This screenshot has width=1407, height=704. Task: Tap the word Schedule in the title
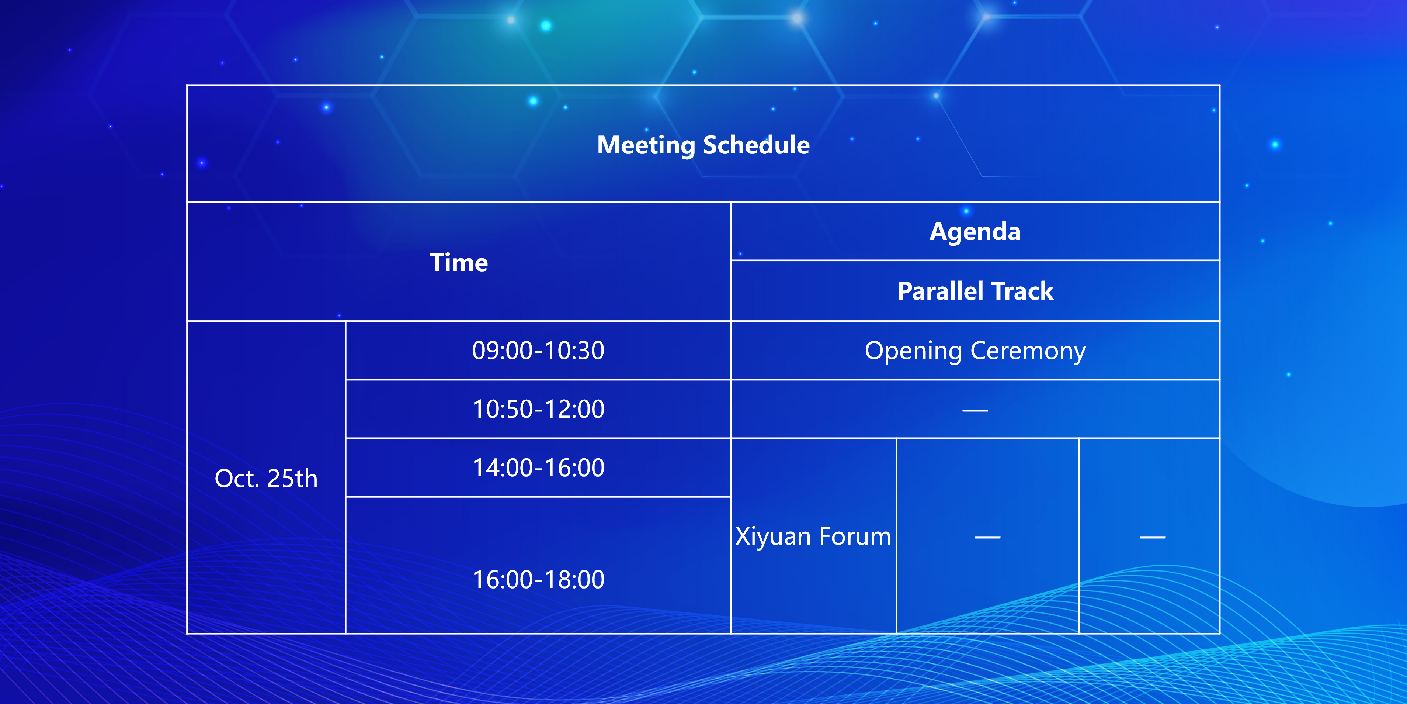(x=757, y=145)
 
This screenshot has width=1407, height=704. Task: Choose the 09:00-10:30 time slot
(x=538, y=351)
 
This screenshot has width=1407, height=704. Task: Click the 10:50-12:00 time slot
(x=538, y=409)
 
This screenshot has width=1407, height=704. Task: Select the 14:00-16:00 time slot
(x=538, y=468)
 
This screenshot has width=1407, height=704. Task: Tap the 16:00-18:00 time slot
(x=538, y=579)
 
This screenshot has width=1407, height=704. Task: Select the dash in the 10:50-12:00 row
(x=975, y=410)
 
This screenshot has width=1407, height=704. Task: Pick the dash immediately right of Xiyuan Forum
(x=987, y=537)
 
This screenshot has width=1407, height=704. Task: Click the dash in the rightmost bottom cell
(x=1153, y=537)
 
